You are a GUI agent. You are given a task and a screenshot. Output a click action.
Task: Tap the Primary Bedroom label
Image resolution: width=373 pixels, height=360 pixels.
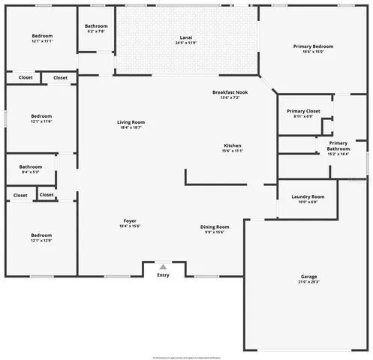point(313,46)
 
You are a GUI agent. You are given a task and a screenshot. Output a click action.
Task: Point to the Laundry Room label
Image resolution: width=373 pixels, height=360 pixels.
point(308,196)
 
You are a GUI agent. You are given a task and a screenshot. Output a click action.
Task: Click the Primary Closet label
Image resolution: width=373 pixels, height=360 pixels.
point(303,111)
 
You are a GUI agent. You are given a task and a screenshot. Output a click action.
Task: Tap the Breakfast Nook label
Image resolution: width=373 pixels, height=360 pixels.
point(230,92)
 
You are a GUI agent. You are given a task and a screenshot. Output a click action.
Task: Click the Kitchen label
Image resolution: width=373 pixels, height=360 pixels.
point(233,145)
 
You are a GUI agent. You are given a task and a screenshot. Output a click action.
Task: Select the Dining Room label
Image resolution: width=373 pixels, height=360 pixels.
point(215,226)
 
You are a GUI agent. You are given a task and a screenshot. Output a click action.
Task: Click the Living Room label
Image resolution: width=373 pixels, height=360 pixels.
point(131,122)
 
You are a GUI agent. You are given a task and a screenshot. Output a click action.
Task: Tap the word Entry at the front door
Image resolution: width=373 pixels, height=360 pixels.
point(163,274)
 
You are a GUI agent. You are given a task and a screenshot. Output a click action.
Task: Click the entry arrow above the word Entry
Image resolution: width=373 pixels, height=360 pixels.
point(163,265)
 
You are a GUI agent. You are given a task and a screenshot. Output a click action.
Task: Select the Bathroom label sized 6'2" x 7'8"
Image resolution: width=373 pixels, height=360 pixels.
point(96,26)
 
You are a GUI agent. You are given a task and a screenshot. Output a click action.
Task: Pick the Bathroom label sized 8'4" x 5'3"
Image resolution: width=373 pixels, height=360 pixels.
point(31,166)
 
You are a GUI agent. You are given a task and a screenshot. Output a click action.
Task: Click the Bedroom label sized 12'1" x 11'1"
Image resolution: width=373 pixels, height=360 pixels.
point(41,36)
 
